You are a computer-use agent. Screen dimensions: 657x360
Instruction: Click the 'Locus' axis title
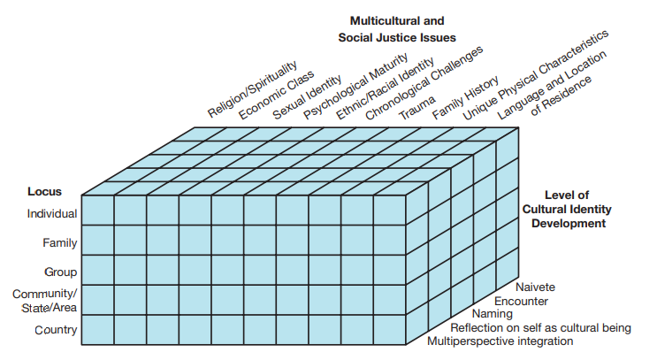[43, 190]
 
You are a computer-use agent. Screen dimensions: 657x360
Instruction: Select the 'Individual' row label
[51, 213]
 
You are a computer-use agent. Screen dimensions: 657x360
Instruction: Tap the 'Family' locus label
[60, 242]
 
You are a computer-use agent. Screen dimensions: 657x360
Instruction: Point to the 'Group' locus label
[61, 272]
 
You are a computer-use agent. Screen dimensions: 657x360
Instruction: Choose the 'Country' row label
[56, 330]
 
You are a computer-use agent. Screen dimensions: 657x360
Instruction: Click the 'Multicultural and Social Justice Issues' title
[397, 29]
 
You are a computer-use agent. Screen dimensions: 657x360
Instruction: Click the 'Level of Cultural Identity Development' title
[567, 209]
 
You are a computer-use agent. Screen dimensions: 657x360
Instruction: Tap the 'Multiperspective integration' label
[500, 341]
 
